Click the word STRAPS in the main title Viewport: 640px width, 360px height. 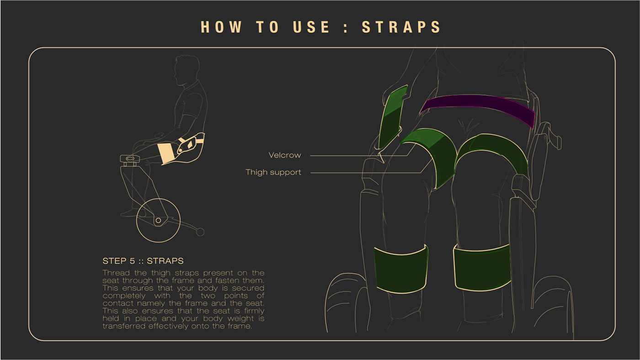coord(401,27)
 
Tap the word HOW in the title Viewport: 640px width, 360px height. coord(221,27)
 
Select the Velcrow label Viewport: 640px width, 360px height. coord(284,155)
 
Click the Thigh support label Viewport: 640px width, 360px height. coord(273,172)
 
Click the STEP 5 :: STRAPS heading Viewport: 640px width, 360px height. coord(143,261)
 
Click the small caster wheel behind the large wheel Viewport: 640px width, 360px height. coord(200,232)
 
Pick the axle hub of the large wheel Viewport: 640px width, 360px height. coord(158,220)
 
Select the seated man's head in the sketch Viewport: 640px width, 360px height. coord(187,69)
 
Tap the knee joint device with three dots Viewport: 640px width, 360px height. coord(130,159)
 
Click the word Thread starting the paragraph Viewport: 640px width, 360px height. coord(116,273)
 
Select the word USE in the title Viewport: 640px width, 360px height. coord(311,27)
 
